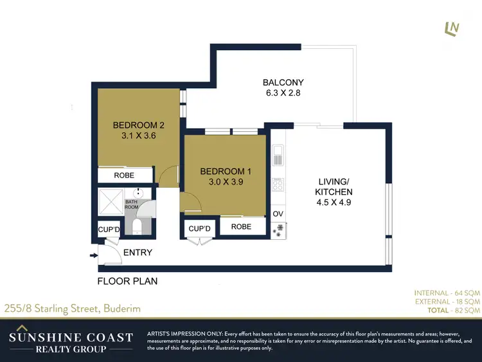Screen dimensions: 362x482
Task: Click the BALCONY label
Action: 283,82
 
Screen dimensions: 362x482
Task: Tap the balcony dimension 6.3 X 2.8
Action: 283,93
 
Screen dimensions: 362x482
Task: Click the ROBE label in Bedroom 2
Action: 123,175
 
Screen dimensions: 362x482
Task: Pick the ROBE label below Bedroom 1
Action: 241,227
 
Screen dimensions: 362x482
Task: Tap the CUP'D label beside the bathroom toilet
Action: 109,230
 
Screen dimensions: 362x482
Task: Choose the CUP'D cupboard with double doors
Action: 200,229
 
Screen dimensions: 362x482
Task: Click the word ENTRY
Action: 138,253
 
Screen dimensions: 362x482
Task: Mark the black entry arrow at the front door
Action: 94,256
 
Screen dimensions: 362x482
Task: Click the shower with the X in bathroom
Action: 111,203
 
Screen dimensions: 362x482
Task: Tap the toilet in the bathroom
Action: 137,226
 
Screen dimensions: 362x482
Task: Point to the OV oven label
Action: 278,214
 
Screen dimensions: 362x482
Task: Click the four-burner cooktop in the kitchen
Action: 278,185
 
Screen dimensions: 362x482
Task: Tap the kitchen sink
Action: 278,156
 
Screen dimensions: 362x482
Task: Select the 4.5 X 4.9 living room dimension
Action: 333,203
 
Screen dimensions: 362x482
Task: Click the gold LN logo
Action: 452,29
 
